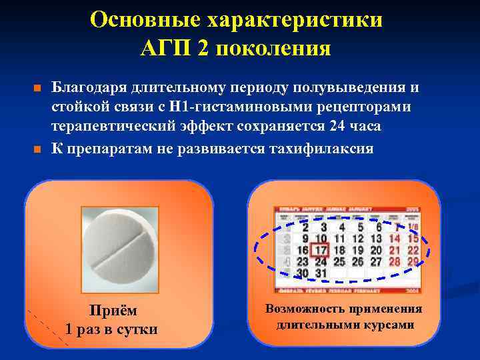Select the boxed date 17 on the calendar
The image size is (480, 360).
point(321,251)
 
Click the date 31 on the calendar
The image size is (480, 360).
point(321,273)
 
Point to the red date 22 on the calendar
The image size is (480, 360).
point(413,250)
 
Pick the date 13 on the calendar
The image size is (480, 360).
point(377,239)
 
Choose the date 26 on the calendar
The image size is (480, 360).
point(358,262)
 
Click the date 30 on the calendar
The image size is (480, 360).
point(303,273)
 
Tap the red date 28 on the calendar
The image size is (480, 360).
point(395,262)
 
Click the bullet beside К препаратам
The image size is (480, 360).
point(37,149)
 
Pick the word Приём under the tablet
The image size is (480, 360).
point(112,310)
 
